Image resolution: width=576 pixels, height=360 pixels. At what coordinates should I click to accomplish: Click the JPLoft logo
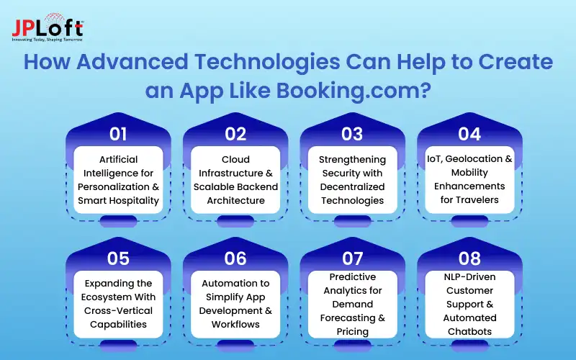point(48,27)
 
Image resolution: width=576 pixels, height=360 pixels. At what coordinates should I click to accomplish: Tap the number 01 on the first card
point(118,134)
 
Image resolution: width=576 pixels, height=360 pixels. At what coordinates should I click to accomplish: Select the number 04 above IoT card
point(469,134)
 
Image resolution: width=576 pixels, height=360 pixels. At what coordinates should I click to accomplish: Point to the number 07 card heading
point(352,258)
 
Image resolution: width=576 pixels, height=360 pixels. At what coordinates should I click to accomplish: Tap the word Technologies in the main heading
point(267,62)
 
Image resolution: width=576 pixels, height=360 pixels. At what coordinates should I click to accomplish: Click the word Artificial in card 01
point(118,159)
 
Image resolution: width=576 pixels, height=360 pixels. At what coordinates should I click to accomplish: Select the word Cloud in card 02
point(235,159)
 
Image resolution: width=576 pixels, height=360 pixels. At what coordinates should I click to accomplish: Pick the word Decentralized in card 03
point(352,186)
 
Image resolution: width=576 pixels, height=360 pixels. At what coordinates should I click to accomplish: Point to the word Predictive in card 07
point(352,276)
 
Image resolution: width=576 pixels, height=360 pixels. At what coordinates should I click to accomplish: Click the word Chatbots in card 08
point(469,331)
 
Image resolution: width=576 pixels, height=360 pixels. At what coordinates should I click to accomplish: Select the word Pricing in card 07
point(352,332)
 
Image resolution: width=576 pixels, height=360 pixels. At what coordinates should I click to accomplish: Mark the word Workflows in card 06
point(235,325)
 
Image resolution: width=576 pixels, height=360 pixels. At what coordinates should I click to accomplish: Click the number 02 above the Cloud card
point(235,134)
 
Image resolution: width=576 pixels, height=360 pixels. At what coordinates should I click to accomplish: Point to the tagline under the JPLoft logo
point(48,40)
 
